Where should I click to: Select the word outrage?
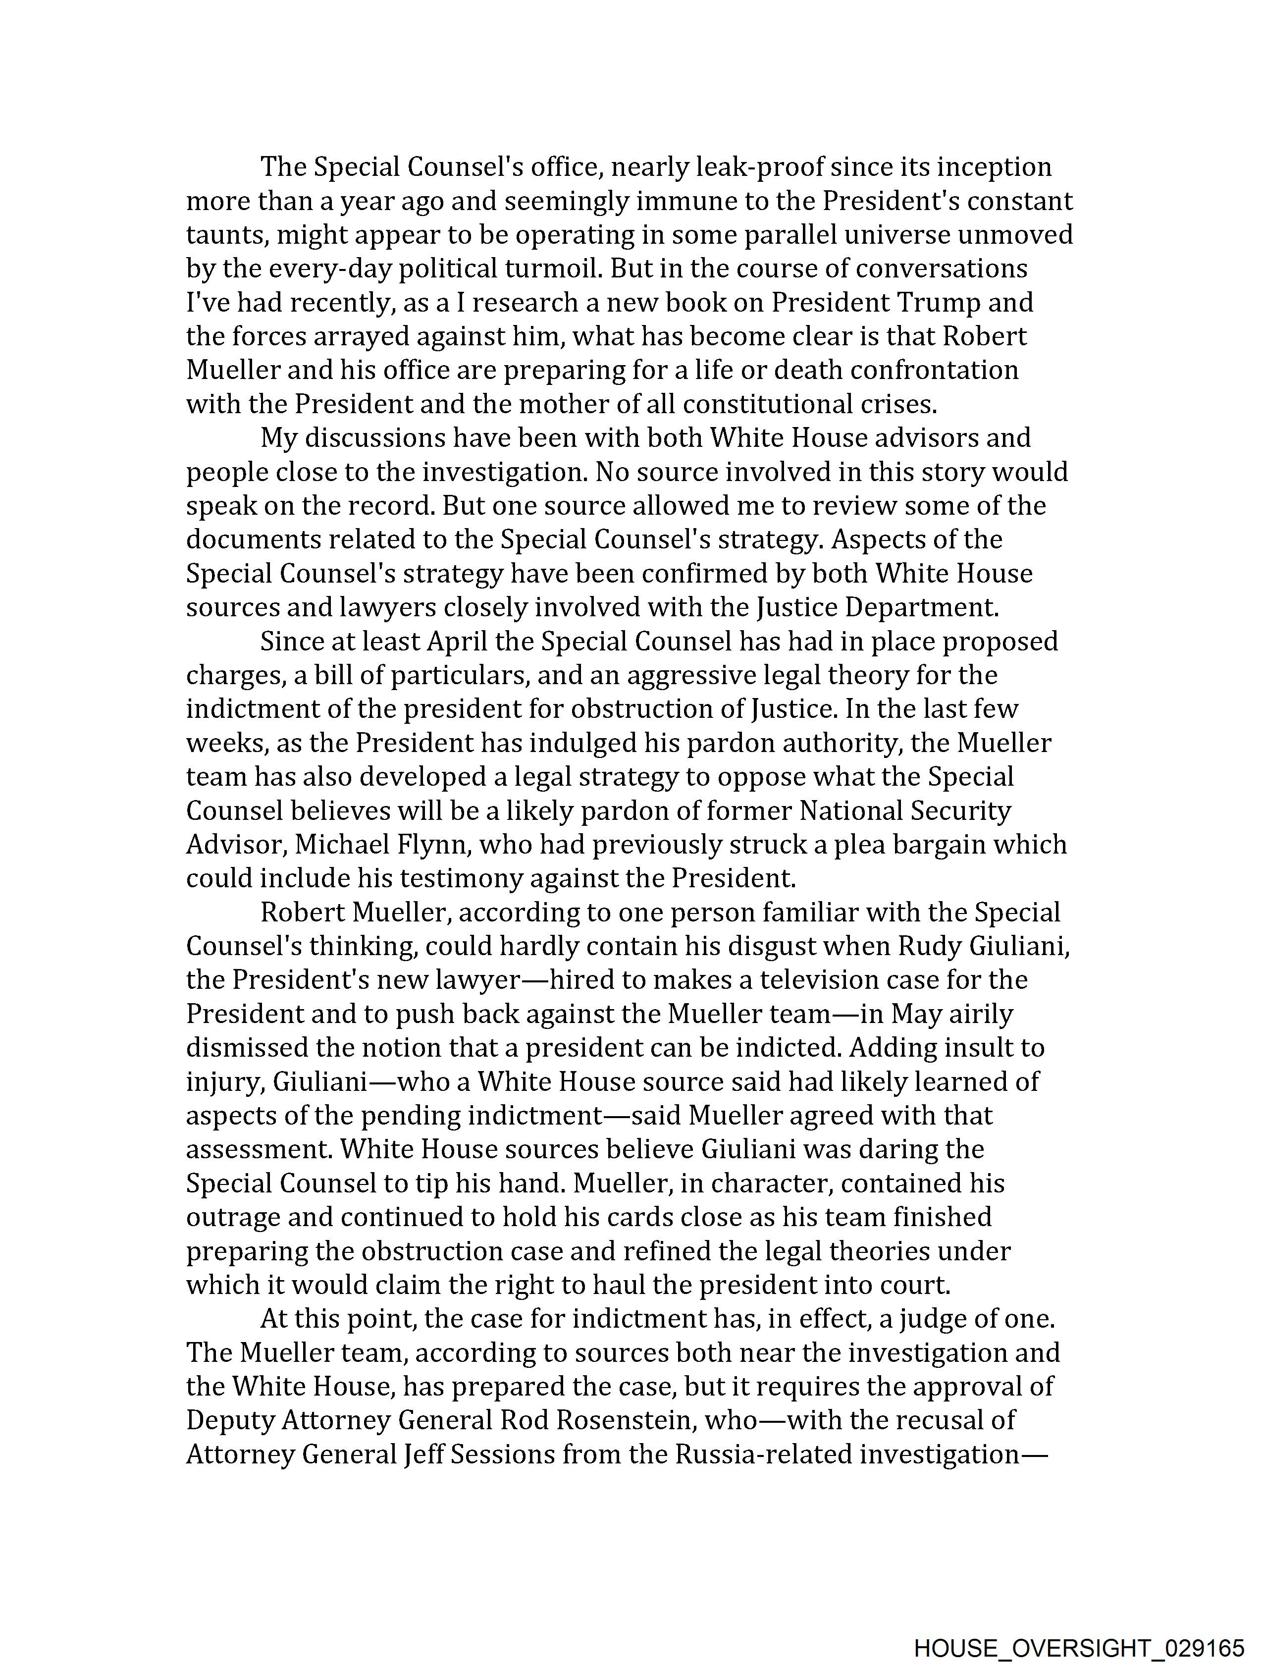tap(231, 1217)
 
